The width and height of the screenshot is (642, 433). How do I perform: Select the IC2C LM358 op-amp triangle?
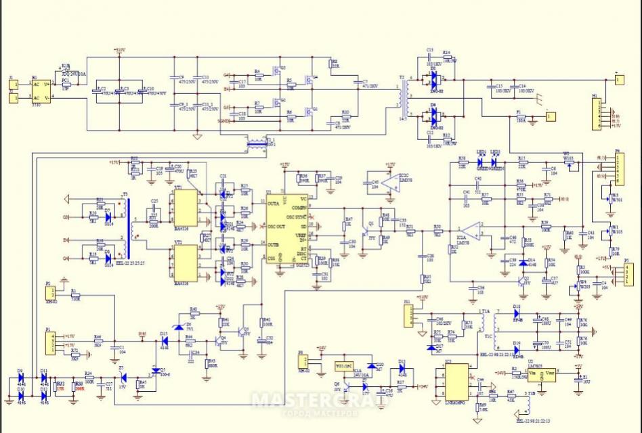pos(388,180)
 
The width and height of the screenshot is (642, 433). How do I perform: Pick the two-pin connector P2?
pos(49,293)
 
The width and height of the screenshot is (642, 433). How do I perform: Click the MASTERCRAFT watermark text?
pos(322,401)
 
